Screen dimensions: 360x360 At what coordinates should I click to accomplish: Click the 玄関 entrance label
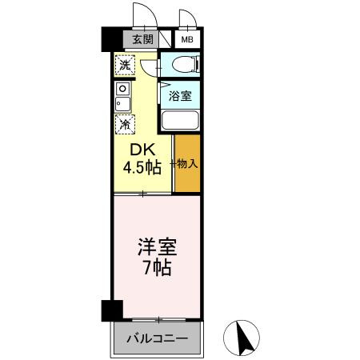142,38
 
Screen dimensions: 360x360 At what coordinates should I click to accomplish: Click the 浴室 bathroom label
179,96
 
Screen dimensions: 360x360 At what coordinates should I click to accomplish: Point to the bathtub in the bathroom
180,121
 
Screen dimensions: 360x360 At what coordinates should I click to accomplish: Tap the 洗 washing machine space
125,64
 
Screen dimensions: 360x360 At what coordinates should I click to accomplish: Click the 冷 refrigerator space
125,124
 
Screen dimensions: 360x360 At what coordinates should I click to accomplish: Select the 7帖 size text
157,267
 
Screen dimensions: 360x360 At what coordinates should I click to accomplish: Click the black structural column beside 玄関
110,39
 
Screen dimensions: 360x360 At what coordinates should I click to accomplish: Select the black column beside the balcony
110,310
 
